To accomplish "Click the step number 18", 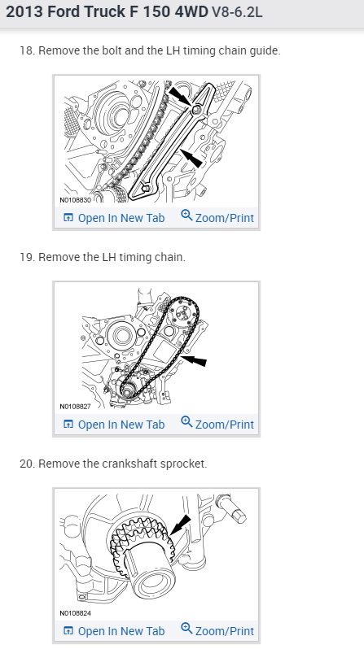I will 25,50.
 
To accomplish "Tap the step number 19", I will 25,257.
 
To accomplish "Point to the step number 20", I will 26,464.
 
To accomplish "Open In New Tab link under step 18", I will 113,218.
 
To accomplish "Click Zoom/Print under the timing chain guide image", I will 217,218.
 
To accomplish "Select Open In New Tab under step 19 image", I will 113,425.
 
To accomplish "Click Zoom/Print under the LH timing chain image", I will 217,425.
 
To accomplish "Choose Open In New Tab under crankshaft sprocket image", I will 113,631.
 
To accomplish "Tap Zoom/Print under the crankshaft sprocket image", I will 217,631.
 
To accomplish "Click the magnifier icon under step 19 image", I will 186,424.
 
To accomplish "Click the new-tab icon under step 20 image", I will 68,631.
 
